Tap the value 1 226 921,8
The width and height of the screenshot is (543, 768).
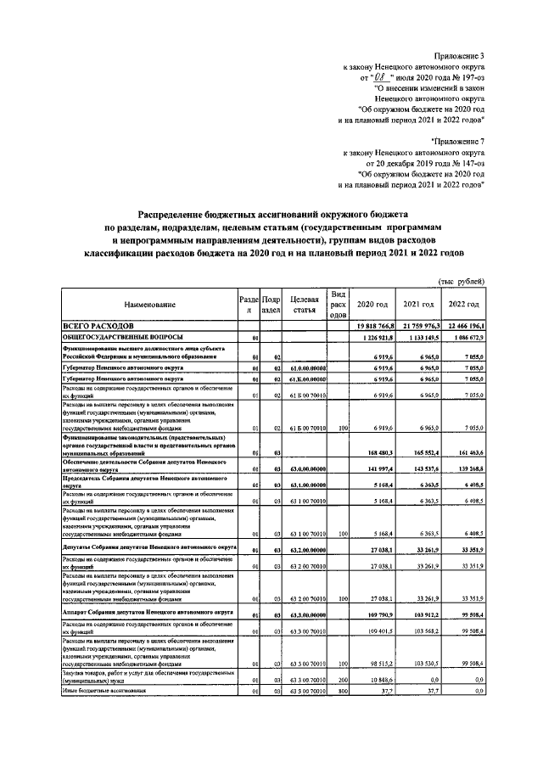(x=372, y=338)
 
